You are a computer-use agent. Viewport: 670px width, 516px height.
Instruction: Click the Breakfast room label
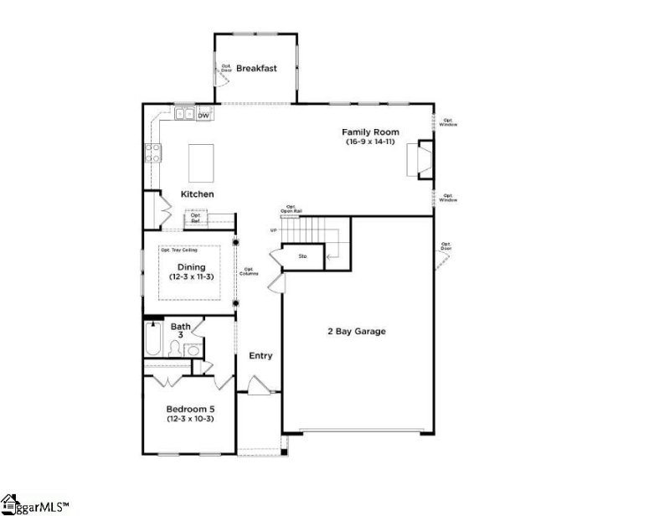point(255,68)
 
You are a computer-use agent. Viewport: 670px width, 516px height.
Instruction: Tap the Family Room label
point(369,132)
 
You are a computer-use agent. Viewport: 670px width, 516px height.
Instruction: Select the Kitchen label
point(198,194)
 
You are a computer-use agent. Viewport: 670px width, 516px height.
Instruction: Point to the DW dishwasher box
point(204,115)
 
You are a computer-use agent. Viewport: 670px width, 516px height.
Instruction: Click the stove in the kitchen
point(154,152)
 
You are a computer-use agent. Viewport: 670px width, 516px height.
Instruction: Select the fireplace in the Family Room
point(420,160)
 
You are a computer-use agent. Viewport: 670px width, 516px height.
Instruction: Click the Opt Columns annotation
point(250,271)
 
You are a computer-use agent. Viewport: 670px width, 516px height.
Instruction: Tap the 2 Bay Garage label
point(356,332)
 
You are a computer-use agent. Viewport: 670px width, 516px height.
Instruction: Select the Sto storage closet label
point(302,255)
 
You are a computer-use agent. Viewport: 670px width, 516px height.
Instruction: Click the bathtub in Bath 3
point(153,341)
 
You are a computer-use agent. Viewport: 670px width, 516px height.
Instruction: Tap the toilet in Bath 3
point(176,349)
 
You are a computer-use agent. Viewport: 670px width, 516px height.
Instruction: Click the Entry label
point(260,356)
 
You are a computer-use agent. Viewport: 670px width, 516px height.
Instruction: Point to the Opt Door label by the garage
point(446,246)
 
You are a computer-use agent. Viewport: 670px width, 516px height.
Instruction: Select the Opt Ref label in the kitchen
point(195,217)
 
